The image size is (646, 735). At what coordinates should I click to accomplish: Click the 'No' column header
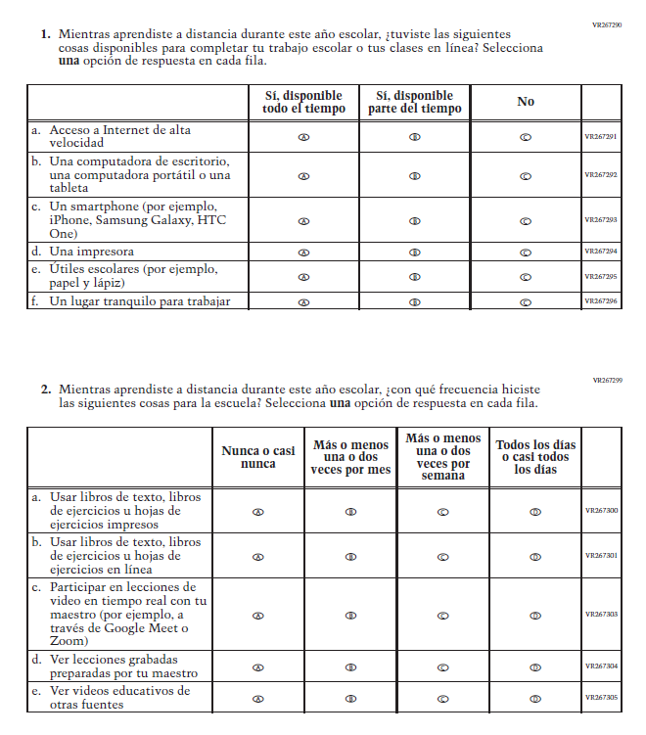point(526,102)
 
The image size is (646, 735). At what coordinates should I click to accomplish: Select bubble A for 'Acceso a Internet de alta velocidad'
point(303,138)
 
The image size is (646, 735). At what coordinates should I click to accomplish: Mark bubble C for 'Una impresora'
point(526,253)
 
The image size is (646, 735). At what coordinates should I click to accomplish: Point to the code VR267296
point(600,301)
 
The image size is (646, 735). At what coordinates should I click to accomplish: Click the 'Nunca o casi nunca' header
point(258,457)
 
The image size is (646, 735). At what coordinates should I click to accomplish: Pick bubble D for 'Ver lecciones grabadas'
point(535,667)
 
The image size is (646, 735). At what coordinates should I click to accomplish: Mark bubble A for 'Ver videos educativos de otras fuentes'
point(258,700)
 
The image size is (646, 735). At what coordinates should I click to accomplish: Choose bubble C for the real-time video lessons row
point(442,616)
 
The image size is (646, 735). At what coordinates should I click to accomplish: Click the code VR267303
point(601,615)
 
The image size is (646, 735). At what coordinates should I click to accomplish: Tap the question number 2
point(46,389)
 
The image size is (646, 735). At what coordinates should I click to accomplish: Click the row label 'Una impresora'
point(92,253)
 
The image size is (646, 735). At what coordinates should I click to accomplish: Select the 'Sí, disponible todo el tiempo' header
point(304,102)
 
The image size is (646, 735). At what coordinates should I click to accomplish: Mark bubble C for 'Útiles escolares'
point(526,277)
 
